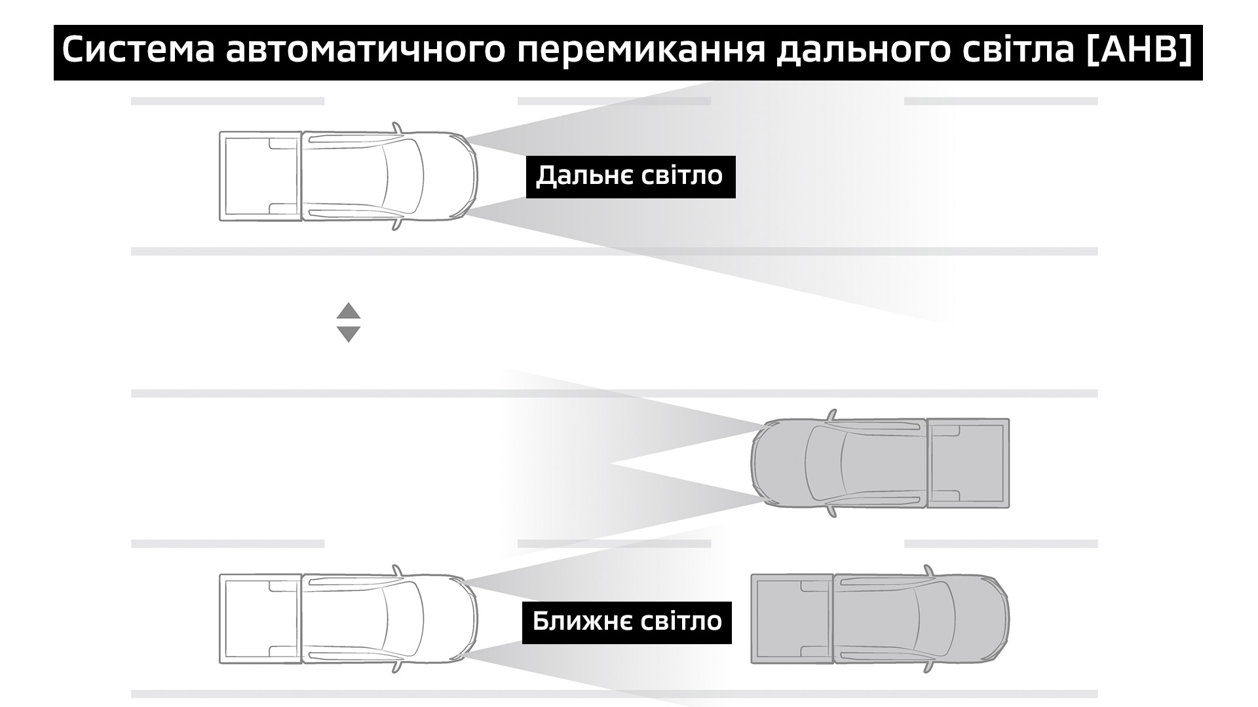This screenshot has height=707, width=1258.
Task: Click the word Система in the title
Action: [138, 51]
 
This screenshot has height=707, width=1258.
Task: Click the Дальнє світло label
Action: [630, 176]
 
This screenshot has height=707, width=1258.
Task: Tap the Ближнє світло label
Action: [626, 622]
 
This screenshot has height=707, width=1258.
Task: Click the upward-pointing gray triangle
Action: [349, 310]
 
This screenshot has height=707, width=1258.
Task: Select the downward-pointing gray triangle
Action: [349, 335]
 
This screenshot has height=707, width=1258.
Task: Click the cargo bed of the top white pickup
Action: [259, 175]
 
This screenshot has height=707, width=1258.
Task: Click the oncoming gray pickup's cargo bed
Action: [968, 463]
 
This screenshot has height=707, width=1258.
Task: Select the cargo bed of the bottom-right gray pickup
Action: [791, 619]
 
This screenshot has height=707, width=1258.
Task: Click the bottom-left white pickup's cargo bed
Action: [259, 619]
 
